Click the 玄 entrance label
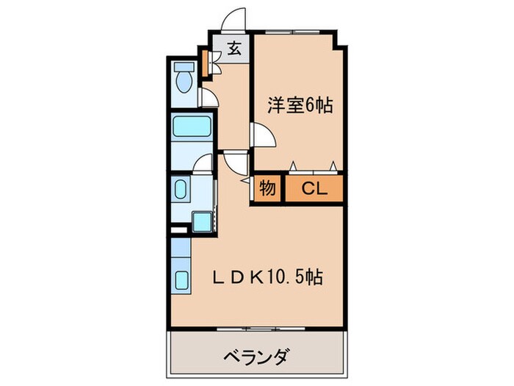click(234, 49)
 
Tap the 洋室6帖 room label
click(300, 105)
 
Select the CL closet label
click(314, 189)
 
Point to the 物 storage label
click(268, 189)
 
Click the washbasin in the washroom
click(181, 193)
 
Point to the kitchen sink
click(181, 280)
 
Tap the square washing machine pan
click(201, 221)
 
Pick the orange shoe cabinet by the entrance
click(206, 63)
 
